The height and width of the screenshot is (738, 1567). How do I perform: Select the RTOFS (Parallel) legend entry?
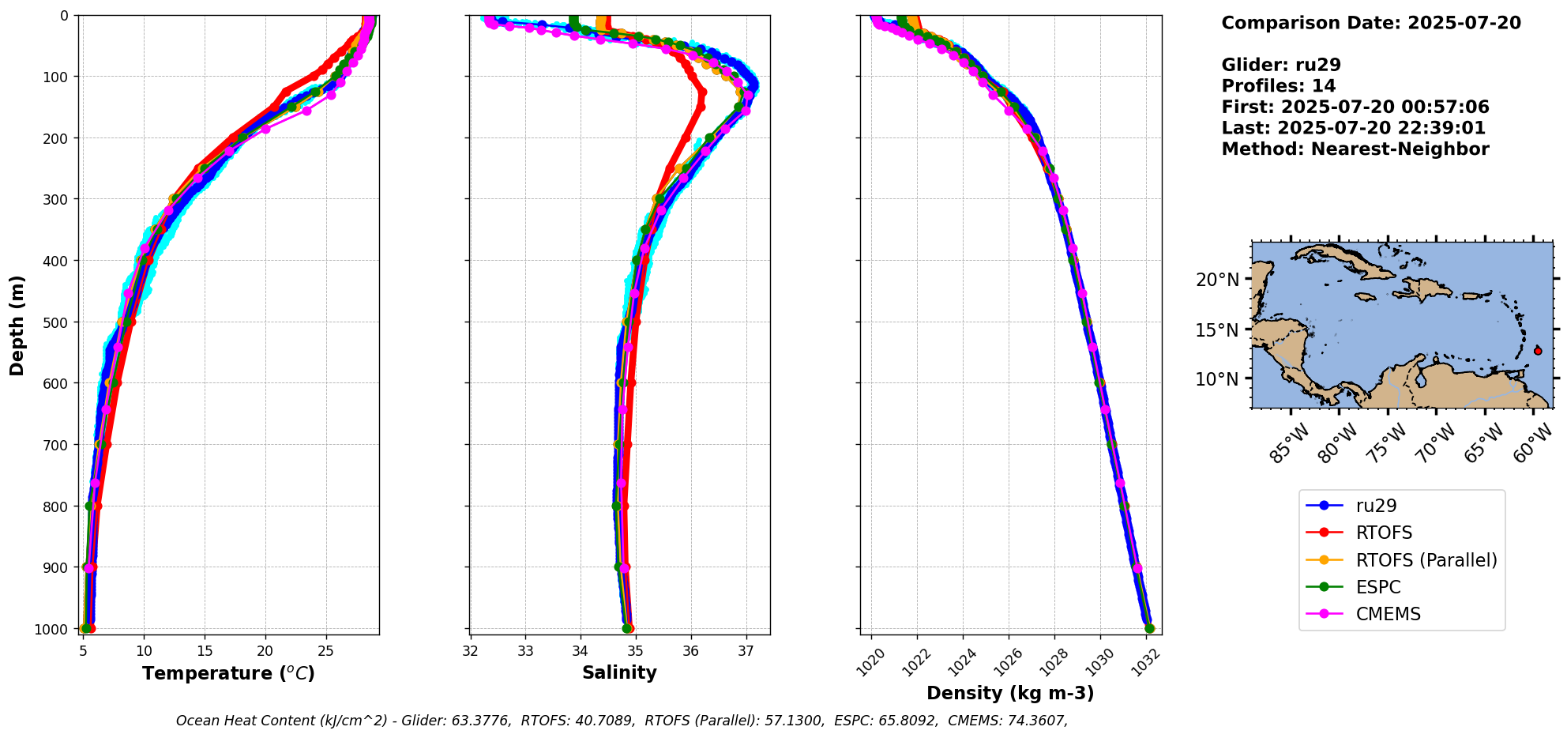(1426, 560)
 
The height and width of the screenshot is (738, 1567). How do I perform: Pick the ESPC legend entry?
(1377, 587)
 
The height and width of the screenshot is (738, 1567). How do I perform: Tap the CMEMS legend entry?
(1388, 614)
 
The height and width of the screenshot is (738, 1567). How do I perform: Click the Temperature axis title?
(228, 673)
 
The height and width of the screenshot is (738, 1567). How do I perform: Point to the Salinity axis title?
(619, 672)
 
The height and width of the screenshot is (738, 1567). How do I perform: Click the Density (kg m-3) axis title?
(1010, 693)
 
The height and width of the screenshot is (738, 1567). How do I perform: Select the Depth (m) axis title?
(17, 325)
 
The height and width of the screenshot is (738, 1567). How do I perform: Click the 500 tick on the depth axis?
(59, 322)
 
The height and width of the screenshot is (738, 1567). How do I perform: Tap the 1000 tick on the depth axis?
(55, 629)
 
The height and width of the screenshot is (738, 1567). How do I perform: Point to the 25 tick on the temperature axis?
(325, 652)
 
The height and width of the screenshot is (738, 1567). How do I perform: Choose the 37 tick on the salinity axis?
(746, 652)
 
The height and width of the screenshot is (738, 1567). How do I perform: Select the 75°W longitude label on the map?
(1389, 442)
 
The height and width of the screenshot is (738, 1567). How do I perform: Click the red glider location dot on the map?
(1538, 351)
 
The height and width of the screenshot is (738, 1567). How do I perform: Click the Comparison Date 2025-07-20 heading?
(1371, 23)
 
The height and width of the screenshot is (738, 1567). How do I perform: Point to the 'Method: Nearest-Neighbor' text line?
(1355, 149)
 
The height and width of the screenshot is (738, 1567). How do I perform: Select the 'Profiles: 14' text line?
(1279, 86)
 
